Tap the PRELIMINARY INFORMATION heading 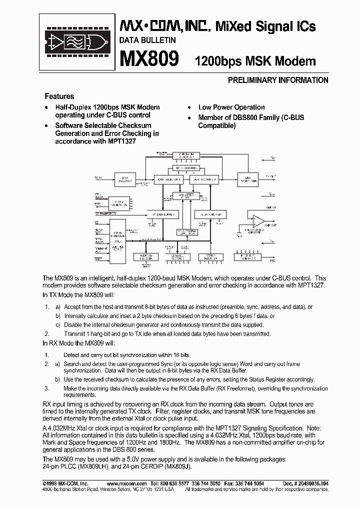click(278, 80)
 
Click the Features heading click(59, 96)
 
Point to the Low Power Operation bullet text click(231, 107)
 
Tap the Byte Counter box click(185, 168)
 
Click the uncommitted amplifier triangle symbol click(258, 219)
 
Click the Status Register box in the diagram click(209, 257)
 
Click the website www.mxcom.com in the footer click(127, 484)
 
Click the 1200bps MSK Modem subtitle click(255, 61)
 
